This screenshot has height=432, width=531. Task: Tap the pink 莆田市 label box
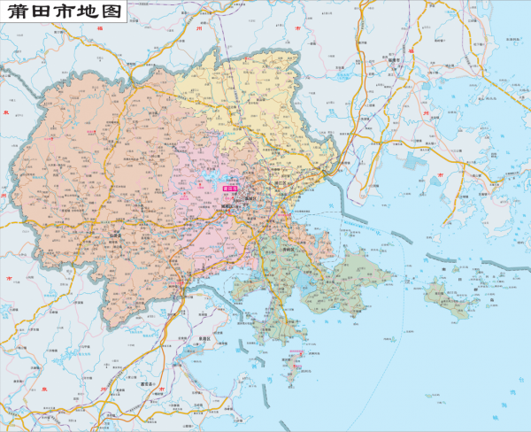click(x=232, y=188)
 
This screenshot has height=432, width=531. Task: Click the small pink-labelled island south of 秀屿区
click(x=295, y=364)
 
